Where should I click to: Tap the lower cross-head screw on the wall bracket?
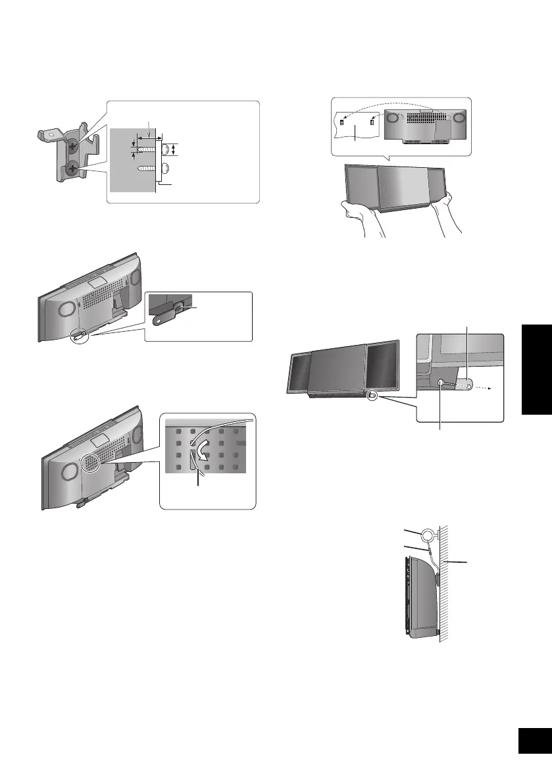[72, 169]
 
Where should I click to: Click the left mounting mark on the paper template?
[341, 122]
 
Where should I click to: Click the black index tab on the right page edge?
[537, 368]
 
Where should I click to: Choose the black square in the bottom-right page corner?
[534, 741]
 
